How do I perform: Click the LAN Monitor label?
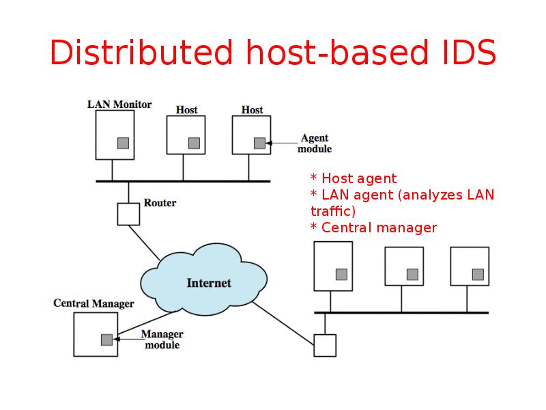click(119, 105)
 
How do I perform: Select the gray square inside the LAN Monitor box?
click(123, 143)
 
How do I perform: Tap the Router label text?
click(160, 203)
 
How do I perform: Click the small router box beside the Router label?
click(128, 214)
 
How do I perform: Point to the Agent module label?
click(315, 143)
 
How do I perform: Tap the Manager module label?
click(162, 340)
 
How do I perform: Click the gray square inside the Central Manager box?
click(106, 339)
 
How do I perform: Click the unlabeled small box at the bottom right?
click(325, 345)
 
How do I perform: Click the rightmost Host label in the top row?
click(252, 109)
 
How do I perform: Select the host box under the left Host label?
click(186, 135)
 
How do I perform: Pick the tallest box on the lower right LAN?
click(333, 266)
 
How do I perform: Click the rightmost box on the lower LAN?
click(470, 266)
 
